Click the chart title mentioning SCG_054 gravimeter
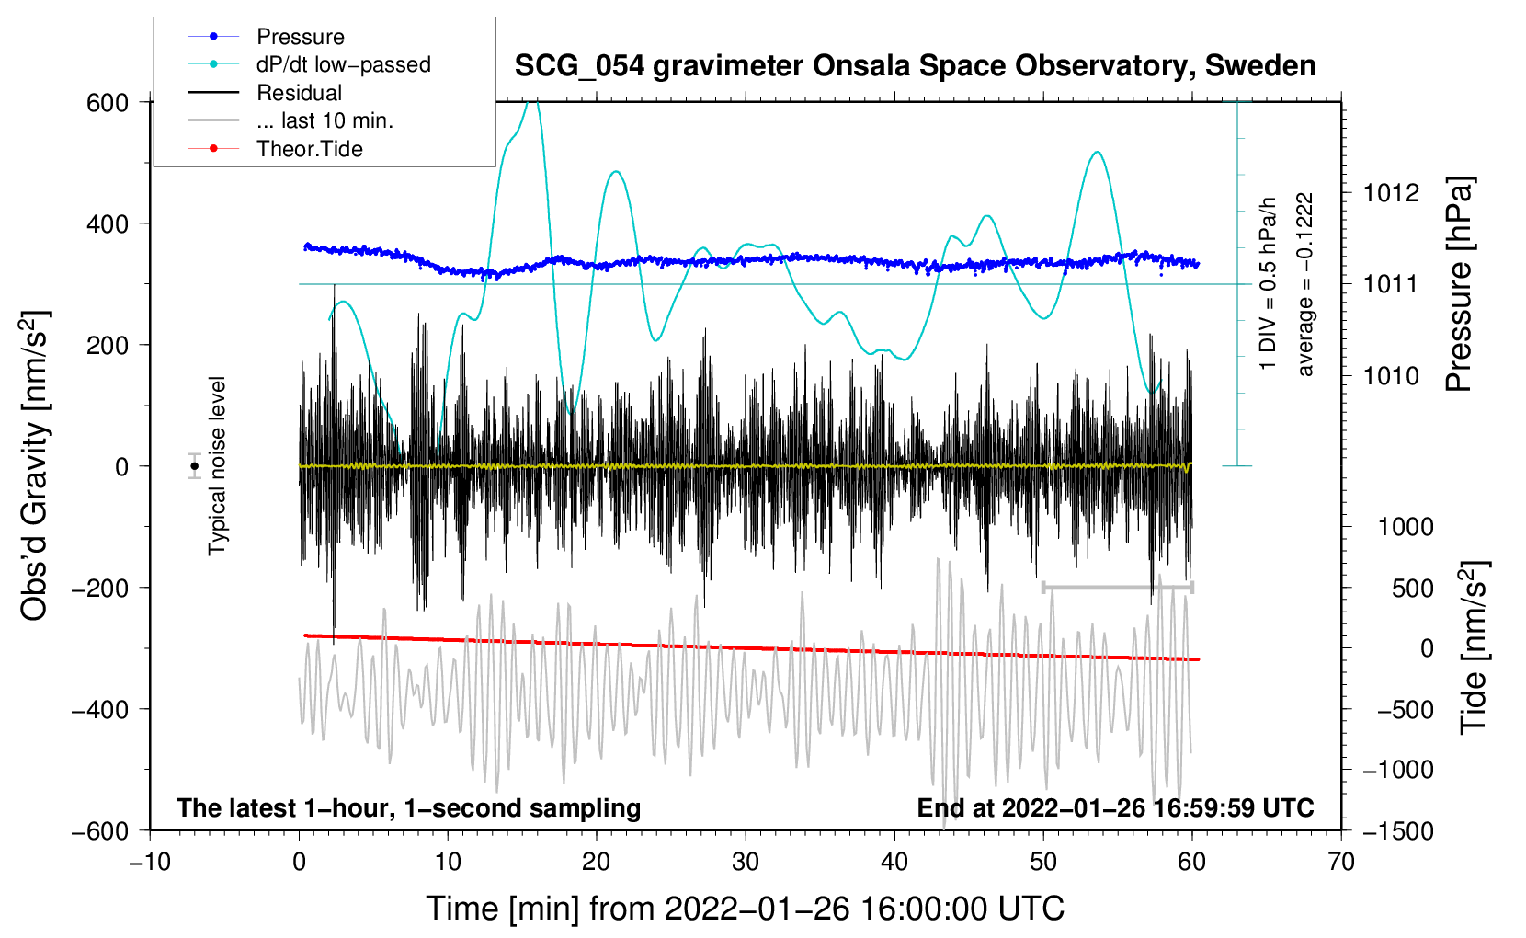pos(915,66)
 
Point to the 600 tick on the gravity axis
pos(108,103)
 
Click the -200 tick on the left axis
pos(100,589)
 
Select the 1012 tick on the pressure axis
pos(1391,193)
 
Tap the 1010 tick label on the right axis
pos(1391,375)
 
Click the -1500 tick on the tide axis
pos(1398,831)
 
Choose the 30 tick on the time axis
pos(746,863)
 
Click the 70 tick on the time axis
pos(1340,863)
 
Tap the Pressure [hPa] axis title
pos(1459,284)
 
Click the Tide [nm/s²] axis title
pos(1475,647)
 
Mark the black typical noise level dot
pos(194,466)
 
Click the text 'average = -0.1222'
pos(1304,284)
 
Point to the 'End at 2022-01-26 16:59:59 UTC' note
pos(1115,807)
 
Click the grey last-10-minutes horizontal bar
pos(1117,587)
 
